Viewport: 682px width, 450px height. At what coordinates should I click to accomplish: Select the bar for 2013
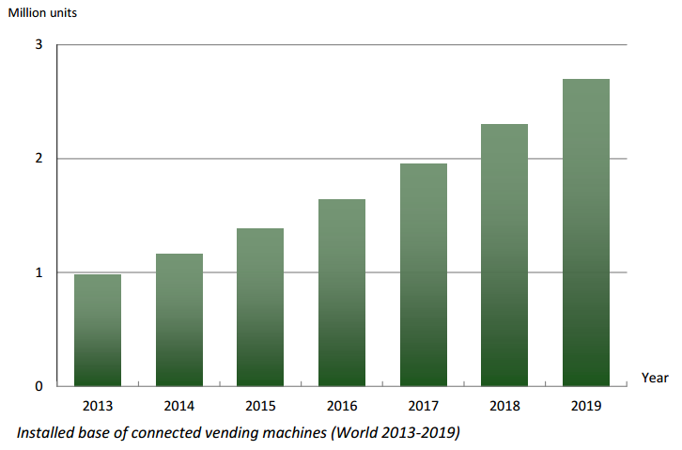(x=98, y=330)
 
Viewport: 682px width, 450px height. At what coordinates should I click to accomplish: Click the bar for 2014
(x=178, y=319)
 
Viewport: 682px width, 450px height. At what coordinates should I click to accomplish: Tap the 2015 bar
(x=260, y=307)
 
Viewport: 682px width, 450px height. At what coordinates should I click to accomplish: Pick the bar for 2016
(x=342, y=292)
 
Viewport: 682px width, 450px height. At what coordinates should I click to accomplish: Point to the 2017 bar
(x=423, y=274)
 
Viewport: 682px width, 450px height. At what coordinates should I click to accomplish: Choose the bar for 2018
(x=504, y=255)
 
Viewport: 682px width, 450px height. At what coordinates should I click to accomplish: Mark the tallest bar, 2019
(x=585, y=232)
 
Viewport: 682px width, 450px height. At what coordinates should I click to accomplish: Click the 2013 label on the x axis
(x=98, y=407)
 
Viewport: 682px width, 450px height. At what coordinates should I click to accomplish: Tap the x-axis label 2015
(x=260, y=407)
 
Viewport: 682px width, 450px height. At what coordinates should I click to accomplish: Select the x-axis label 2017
(x=423, y=407)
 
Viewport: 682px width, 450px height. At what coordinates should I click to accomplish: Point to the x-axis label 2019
(x=585, y=407)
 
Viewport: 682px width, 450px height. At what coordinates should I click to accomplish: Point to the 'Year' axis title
(x=655, y=378)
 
